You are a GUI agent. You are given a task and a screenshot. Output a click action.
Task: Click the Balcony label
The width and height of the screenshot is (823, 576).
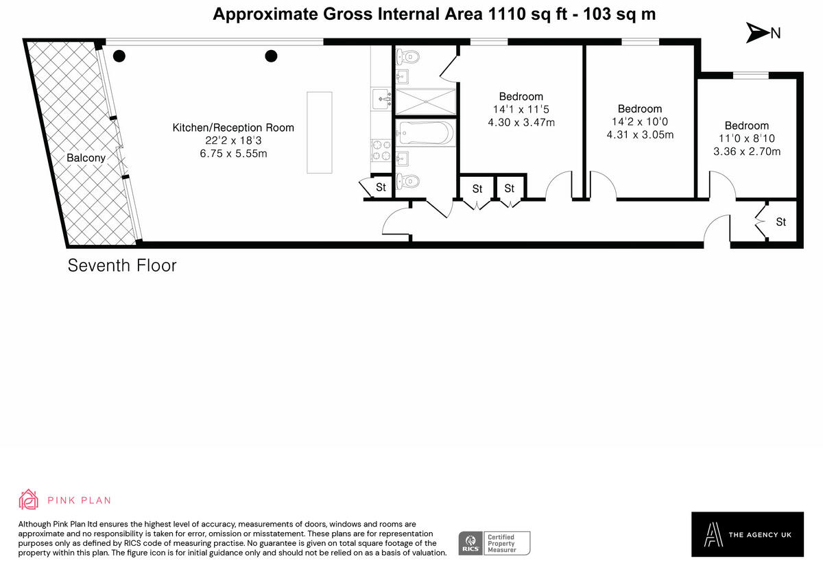pos(86,158)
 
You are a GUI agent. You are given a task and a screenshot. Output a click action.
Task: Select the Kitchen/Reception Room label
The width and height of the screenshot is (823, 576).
pos(232,128)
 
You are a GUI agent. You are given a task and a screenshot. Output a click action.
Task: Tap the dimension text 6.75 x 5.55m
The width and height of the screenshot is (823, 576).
pos(232,153)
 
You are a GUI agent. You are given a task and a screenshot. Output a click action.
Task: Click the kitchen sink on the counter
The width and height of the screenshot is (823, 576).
pos(381,100)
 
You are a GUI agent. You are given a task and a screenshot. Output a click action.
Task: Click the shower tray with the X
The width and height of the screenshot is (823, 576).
pos(426,101)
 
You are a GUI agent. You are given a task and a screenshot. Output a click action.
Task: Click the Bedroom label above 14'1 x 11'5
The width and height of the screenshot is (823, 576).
pos(521,97)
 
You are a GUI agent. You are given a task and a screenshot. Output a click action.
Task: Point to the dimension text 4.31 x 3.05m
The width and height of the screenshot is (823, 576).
pos(640,134)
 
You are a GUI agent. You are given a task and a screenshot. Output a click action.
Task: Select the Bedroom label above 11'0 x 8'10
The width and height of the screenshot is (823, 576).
pos(746,125)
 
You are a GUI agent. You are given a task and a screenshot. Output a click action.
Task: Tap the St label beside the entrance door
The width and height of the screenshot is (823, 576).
pos(780,222)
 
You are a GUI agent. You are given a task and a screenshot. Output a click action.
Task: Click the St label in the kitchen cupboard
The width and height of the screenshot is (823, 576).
pos(381,187)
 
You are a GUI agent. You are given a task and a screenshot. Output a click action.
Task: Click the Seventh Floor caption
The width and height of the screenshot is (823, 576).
pos(122,265)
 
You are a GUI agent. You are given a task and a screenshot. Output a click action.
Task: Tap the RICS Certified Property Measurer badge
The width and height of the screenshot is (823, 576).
pos(494,543)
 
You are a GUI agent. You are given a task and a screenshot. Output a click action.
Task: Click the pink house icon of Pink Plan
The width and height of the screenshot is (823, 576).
pos(29,500)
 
